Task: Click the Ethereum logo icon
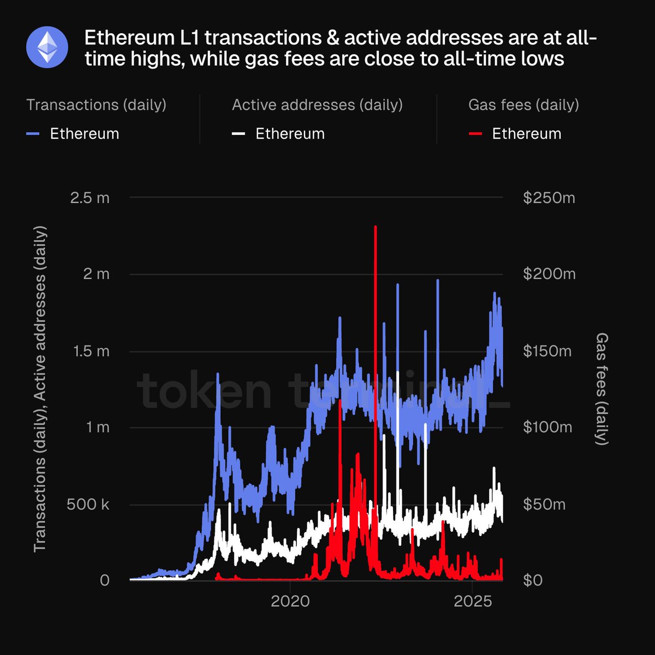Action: (47, 47)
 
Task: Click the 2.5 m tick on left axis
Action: (90, 198)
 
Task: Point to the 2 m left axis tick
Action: (96, 274)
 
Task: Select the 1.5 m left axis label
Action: (91, 351)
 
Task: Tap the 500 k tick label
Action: (88, 504)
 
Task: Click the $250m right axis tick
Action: (549, 198)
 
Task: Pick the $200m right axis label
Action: (549, 274)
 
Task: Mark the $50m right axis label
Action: (544, 504)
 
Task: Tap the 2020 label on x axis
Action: (290, 602)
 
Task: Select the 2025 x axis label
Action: (473, 602)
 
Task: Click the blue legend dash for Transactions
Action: (33, 134)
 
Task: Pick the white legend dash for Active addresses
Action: (239, 134)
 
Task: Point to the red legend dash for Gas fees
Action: (475, 134)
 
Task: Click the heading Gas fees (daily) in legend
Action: (523, 105)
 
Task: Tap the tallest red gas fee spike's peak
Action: (376, 227)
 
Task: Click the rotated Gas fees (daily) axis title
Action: (601, 389)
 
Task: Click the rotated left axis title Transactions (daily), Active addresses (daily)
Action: (40, 389)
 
